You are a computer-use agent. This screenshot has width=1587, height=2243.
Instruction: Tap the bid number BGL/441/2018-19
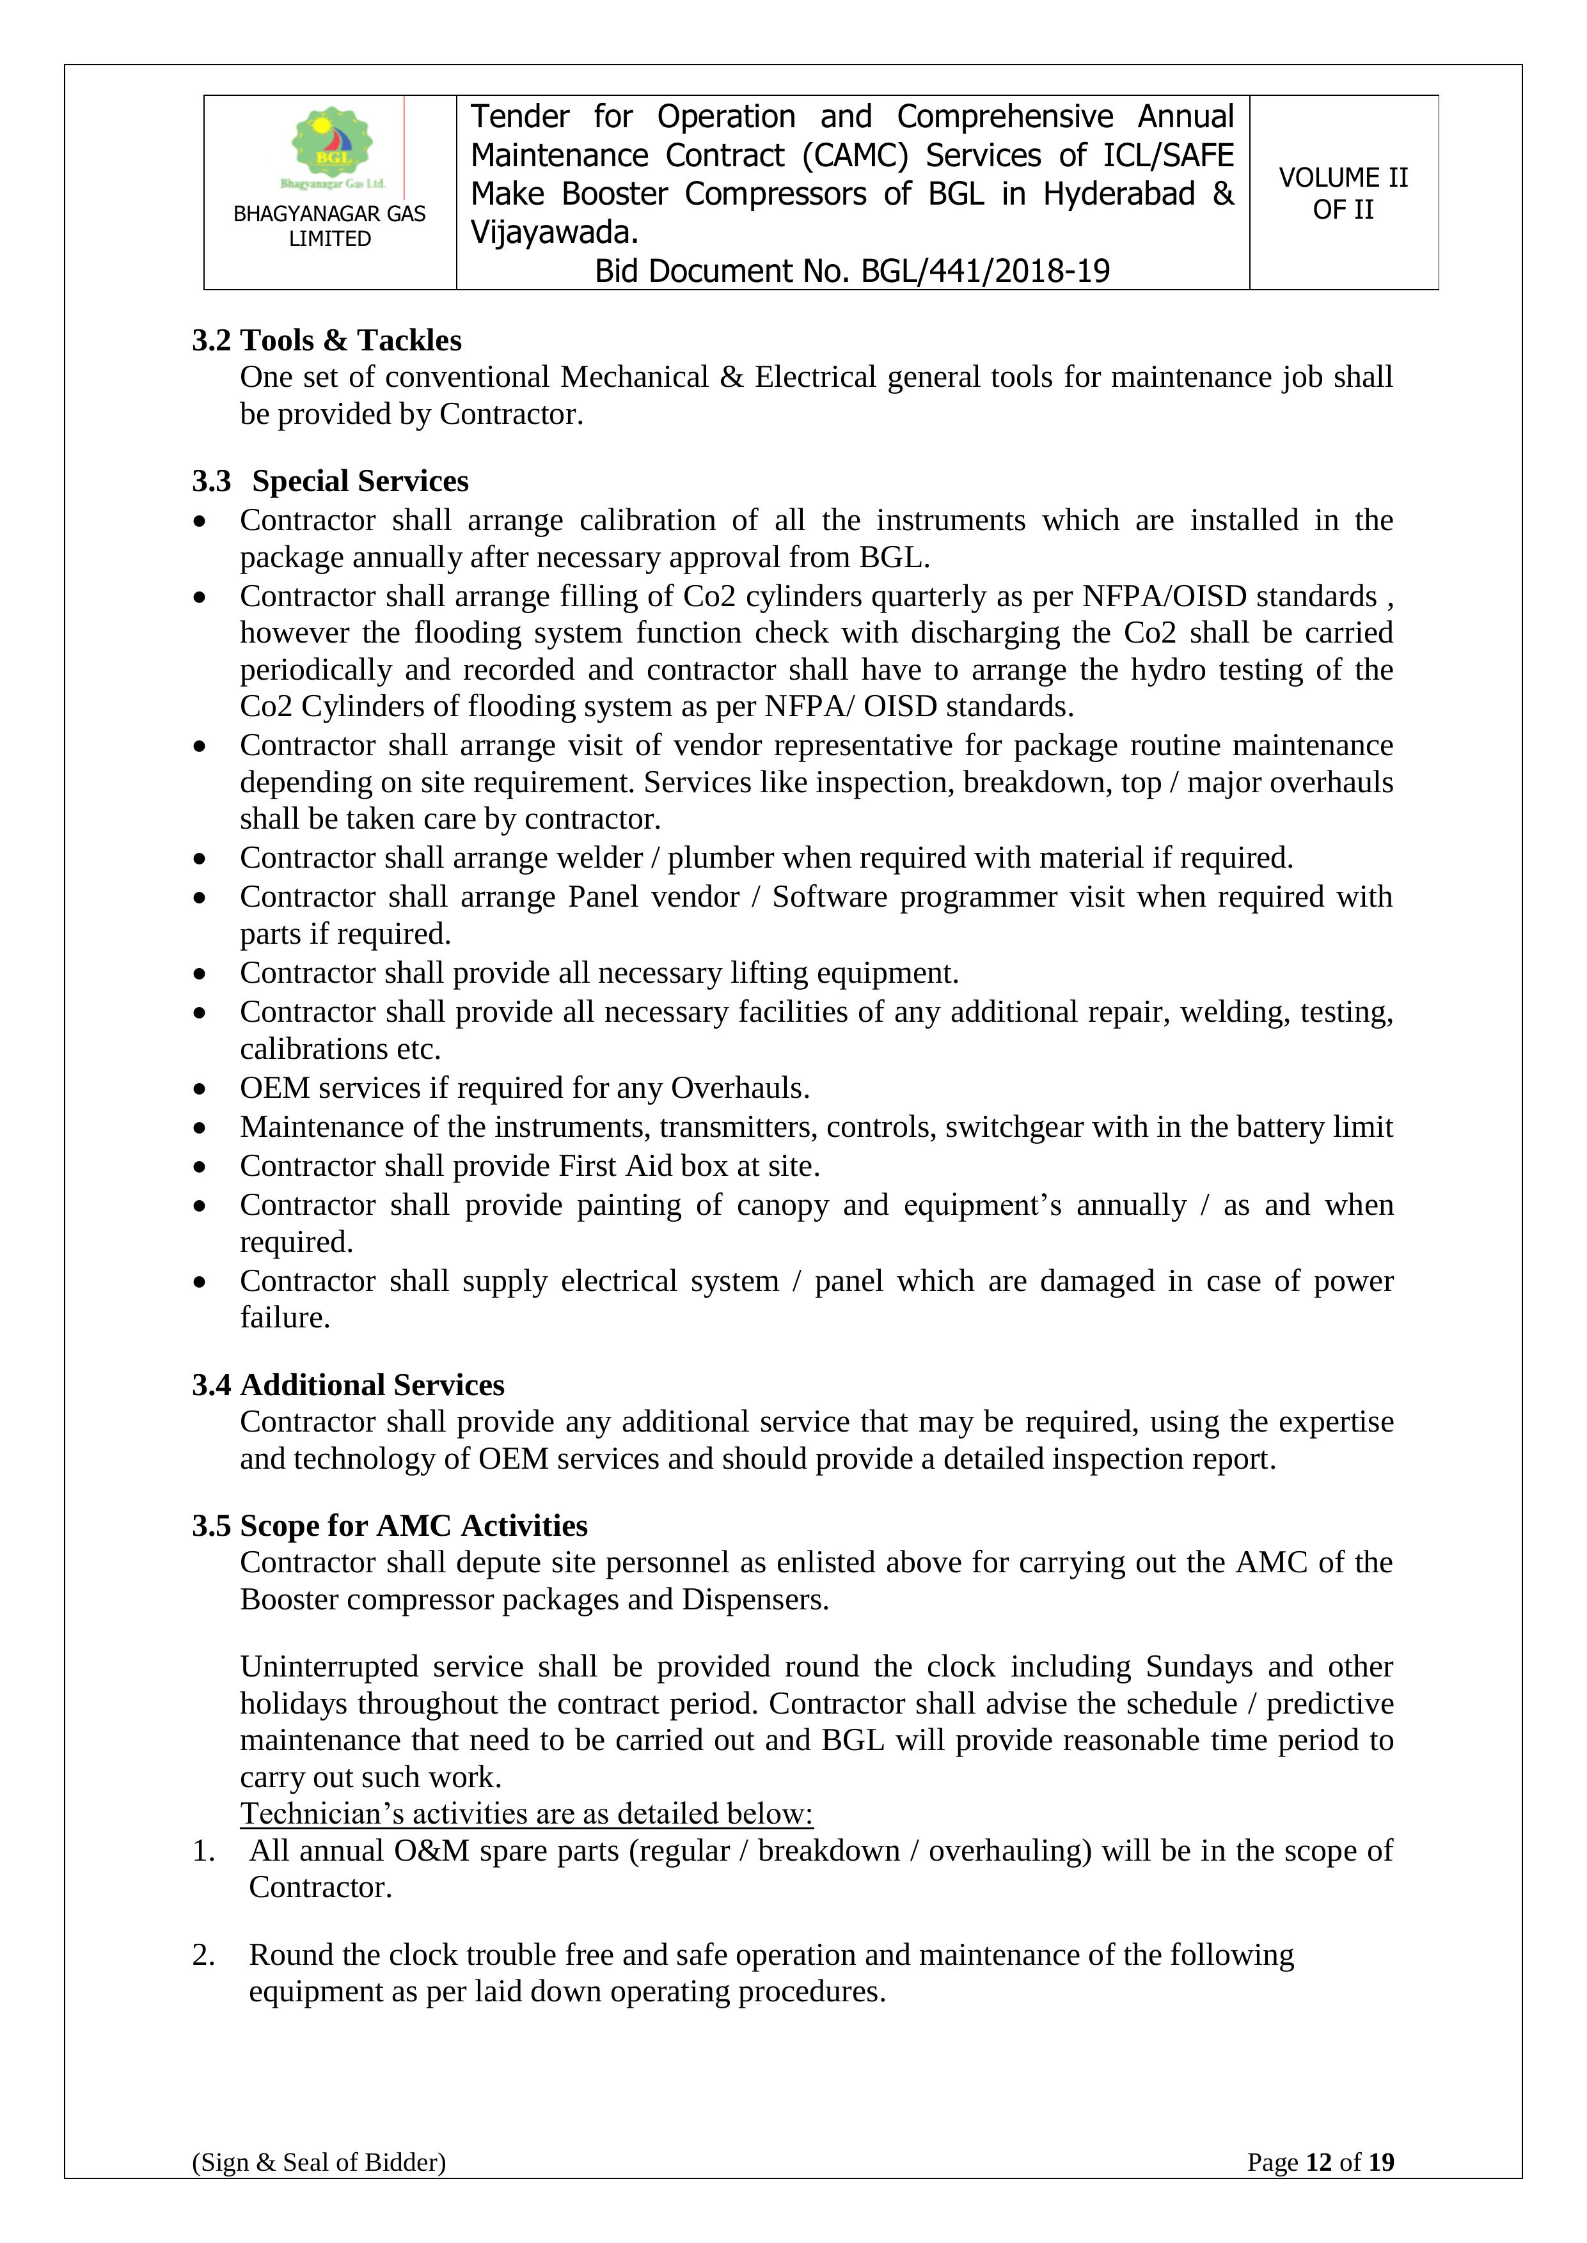[985, 272]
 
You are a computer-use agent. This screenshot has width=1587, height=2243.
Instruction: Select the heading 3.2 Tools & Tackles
[326, 340]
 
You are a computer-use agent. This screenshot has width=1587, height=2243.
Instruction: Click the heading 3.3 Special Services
[330, 481]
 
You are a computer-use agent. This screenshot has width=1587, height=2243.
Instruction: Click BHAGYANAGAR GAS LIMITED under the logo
[329, 226]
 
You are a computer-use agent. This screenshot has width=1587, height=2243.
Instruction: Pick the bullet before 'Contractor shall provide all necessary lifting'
[200, 973]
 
